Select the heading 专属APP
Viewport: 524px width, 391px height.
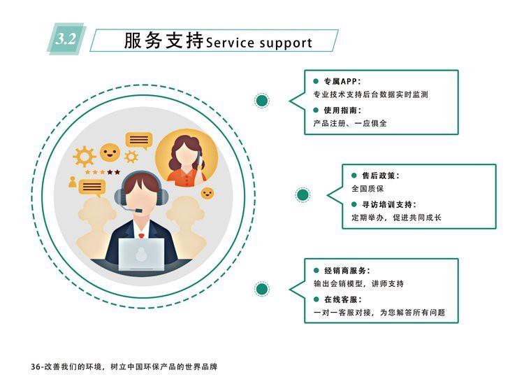[341, 81]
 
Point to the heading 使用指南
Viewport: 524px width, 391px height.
[342, 111]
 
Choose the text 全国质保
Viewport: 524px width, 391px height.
[368, 189]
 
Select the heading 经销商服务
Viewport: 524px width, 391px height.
[347, 270]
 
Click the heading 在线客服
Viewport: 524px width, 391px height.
[342, 299]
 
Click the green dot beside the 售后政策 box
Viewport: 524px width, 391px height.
[303, 195]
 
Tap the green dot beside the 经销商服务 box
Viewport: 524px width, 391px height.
[263, 289]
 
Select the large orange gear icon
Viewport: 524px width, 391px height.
[85, 156]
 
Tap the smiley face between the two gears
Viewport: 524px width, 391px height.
[110, 152]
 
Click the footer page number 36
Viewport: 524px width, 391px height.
[37, 367]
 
